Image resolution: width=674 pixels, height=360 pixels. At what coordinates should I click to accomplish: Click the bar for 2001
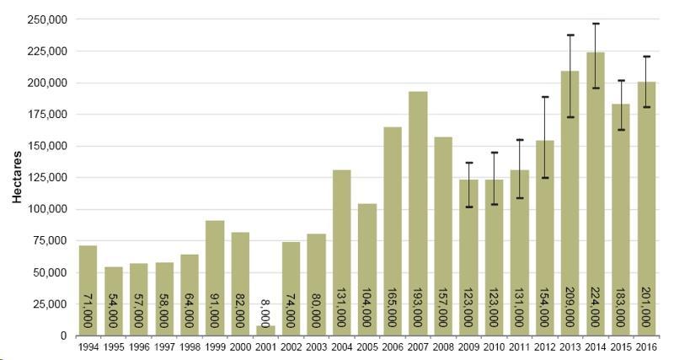pyautogui.click(x=266, y=330)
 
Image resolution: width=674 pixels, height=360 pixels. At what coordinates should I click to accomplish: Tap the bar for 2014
pyautogui.click(x=596, y=194)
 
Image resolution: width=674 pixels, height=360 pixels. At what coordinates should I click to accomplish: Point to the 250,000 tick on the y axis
pyautogui.click(x=47, y=19)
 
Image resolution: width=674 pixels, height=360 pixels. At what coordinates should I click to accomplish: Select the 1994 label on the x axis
pyautogui.click(x=88, y=346)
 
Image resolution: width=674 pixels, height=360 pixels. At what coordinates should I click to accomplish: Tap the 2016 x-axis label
pyautogui.click(x=646, y=346)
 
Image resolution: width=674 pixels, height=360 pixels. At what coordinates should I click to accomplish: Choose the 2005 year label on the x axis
pyautogui.click(x=367, y=346)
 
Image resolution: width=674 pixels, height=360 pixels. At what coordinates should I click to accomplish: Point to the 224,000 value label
pyautogui.click(x=596, y=311)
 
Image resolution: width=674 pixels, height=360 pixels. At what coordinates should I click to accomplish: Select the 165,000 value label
pyautogui.click(x=393, y=311)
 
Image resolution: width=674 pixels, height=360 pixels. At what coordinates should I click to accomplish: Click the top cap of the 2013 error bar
pyautogui.click(x=570, y=35)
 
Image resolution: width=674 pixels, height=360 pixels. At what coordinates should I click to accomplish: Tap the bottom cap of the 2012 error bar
pyautogui.click(x=545, y=178)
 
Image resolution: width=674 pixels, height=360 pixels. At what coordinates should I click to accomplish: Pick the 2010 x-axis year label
pyautogui.click(x=494, y=346)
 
